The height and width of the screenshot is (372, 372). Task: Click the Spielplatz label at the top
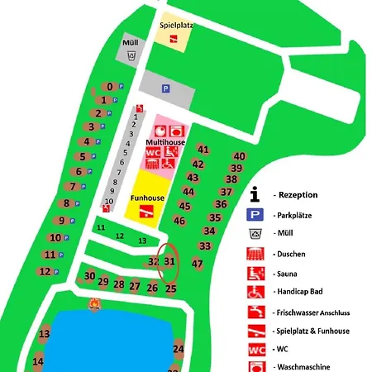click(x=175, y=26)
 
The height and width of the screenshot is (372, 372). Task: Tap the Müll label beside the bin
click(x=131, y=41)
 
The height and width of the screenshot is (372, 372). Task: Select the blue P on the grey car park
click(x=165, y=88)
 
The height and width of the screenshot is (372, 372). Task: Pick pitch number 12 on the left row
click(x=44, y=271)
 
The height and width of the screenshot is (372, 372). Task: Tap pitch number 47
click(x=197, y=264)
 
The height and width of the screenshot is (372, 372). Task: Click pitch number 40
click(x=240, y=156)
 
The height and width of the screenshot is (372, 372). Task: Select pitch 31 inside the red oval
click(x=169, y=261)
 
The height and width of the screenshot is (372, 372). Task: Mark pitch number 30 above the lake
click(x=89, y=276)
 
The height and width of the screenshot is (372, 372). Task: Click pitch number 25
click(x=171, y=289)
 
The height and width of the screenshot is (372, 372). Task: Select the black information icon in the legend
click(x=255, y=194)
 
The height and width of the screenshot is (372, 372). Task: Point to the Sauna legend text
click(x=289, y=274)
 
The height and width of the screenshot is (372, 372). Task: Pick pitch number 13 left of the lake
click(x=45, y=334)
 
